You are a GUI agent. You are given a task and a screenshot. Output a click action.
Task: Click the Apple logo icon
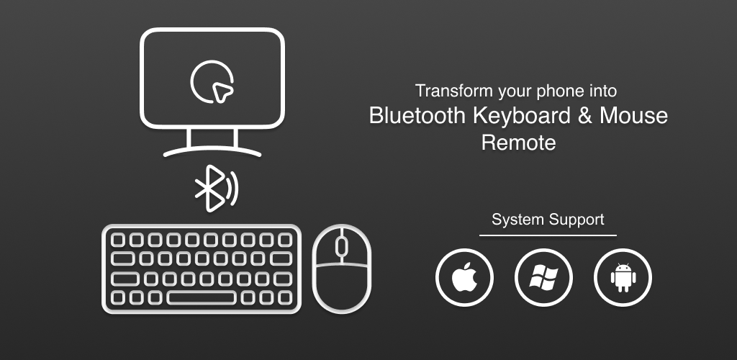pyautogui.click(x=464, y=277)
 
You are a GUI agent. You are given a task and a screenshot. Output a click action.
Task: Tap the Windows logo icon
pyautogui.click(x=543, y=277)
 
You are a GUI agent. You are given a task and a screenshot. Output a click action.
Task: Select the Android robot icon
pyautogui.click(x=623, y=277)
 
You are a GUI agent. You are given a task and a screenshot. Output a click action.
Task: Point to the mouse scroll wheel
pyautogui.click(x=342, y=246)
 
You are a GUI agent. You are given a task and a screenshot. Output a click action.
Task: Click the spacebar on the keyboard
pyautogui.click(x=202, y=298)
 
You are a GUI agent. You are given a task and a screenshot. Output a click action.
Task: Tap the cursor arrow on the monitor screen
pyautogui.click(x=222, y=91)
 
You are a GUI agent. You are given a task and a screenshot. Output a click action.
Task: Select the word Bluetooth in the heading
pyautogui.click(x=417, y=116)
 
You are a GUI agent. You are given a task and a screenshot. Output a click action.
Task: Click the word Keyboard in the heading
pyautogui.click(x=522, y=116)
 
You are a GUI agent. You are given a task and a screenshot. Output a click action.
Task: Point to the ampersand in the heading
pyautogui.click(x=585, y=116)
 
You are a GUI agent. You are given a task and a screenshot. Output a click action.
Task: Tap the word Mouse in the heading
pyautogui.click(x=633, y=116)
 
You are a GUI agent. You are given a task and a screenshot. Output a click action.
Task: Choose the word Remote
pyautogui.click(x=518, y=143)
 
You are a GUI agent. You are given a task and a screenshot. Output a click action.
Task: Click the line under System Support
pyautogui.click(x=548, y=235)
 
